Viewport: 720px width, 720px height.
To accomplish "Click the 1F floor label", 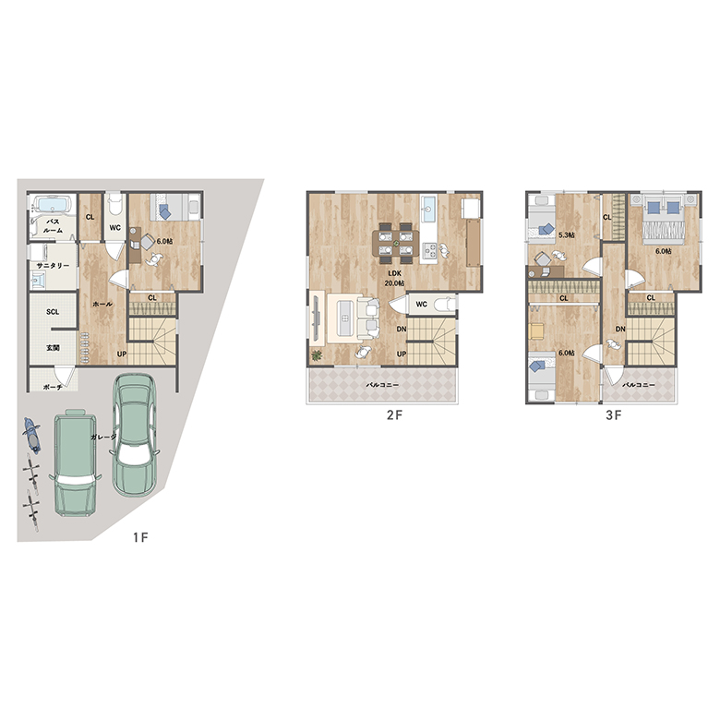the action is pyautogui.click(x=141, y=537).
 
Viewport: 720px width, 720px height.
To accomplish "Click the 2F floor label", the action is pyautogui.click(x=394, y=415).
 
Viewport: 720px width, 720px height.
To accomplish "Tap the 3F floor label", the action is pyautogui.click(x=614, y=415).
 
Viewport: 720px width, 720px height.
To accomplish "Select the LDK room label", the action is pyautogui.click(x=394, y=273).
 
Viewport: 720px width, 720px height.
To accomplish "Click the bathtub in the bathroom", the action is pyautogui.click(x=54, y=204).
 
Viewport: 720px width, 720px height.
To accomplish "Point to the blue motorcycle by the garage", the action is pyautogui.click(x=32, y=435).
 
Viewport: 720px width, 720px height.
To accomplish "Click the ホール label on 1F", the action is pyautogui.click(x=102, y=304).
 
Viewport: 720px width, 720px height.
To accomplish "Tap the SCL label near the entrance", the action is pyautogui.click(x=53, y=312).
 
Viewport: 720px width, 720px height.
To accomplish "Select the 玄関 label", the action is pyautogui.click(x=53, y=348).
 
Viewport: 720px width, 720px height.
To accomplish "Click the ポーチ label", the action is pyautogui.click(x=53, y=387).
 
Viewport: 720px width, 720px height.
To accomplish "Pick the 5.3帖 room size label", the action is pyautogui.click(x=567, y=235).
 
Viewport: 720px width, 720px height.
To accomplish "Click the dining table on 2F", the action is pyautogui.click(x=395, y=244).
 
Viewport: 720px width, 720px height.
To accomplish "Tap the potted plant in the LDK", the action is pyautogui.click(x=317, y=355).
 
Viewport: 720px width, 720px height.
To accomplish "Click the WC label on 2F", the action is pyautogui.click(x=422, y=304).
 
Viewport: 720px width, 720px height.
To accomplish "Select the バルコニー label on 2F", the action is pyautogui.click(x=382, y=385).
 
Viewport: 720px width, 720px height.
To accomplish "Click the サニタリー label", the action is pyautogui.click(x=54, y=266).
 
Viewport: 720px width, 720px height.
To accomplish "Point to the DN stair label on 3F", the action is pyautogui.click(x=620, y=329).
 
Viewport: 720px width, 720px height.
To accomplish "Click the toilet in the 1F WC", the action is pyautogui.click(x=114, y=204).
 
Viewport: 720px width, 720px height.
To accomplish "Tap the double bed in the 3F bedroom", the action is pyautogui.click(x=664, y=220).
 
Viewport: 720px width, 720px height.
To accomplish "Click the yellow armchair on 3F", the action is pyautogui.click(x=536, y=330).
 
